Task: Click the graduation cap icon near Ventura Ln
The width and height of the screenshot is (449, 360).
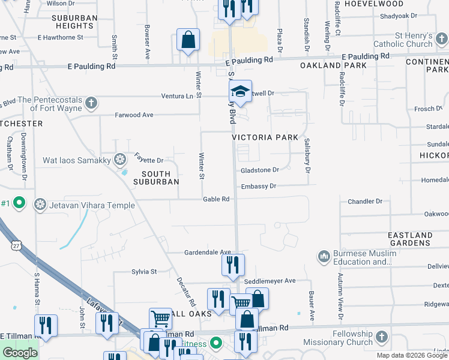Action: [x=240, y=92]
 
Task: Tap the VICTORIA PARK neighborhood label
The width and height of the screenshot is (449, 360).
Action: [x=265, y=137]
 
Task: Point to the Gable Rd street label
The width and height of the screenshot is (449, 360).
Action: [x=216, y=199]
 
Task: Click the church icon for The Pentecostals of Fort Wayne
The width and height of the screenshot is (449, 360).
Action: [x=91, y=103]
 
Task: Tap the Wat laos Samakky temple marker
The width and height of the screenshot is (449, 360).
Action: [x=120, y=160]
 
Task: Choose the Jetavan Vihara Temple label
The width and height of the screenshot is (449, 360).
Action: [x=92, y=205]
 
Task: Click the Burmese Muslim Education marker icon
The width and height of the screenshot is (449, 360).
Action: [x=324, y=257]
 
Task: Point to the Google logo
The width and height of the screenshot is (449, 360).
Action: [x=20, y=353]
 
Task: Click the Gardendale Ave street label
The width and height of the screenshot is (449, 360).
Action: [x=208, y=252]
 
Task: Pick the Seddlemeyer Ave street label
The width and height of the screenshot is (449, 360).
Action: [x=270, y=281]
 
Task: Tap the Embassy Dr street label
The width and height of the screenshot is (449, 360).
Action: [x=258, y=186]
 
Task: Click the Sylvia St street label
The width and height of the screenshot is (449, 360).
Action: [x=143, y=272]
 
